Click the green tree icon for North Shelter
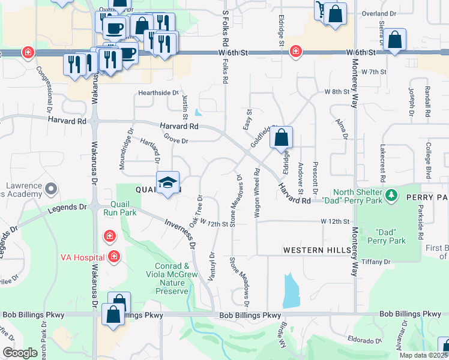[x=392, y=195]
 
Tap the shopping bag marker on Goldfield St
[x=281, y=139]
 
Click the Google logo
[x=20, y=353]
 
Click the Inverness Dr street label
[x=180, y=233]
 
